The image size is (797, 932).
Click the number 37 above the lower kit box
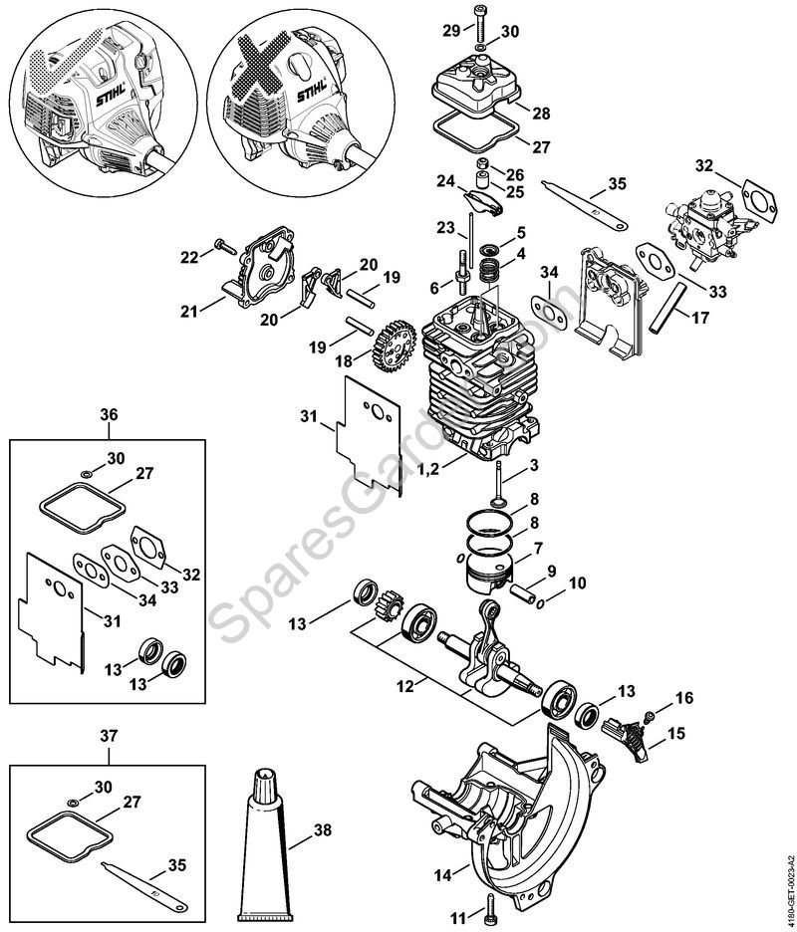[109, 736]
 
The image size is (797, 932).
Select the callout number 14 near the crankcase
[442, 875]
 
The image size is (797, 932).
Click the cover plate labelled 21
[262, 268]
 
